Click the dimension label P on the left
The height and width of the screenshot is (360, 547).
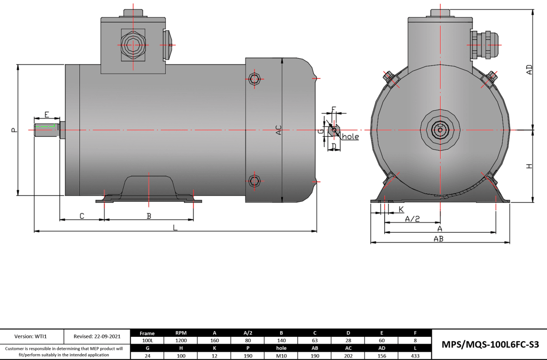coord(13,130)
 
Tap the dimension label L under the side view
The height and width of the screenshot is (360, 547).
coord(175,227)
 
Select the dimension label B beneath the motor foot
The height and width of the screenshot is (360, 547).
coord(149,216)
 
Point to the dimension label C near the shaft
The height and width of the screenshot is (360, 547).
coord(82,216)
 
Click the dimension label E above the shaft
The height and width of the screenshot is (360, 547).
coord(47,115)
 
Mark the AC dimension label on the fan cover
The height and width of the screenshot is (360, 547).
coord(278,130)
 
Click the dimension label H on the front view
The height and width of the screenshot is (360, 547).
coord(529,166)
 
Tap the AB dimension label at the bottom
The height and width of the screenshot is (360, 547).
coord(438,239)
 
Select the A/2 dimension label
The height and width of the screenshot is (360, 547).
coord(412,219)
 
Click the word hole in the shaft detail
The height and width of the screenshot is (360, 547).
coord(350,137)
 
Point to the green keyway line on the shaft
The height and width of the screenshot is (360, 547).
coord(46,127)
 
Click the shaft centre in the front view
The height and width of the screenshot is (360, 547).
coord(440,130)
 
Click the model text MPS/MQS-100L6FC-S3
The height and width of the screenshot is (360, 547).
coord(490,344)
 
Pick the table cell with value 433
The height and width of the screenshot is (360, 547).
coord(415,356)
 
